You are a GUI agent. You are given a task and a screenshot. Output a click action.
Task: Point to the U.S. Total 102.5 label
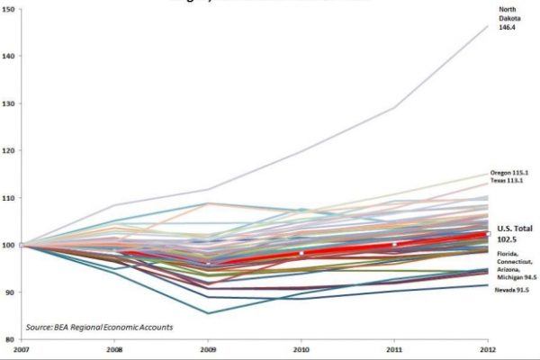[514, 235]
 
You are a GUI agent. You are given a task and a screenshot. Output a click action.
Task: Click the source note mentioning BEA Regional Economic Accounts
[100, 327]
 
